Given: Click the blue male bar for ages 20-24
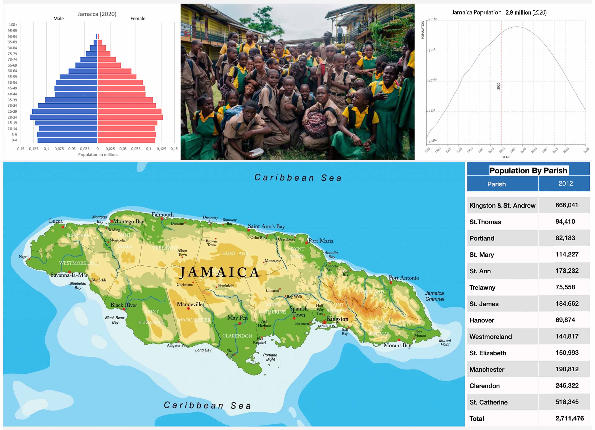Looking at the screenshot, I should [63, 117].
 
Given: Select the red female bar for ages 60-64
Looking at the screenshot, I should [114, 71].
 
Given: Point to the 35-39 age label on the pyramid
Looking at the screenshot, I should [12, 100].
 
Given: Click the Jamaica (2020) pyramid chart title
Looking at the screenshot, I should [97, 14].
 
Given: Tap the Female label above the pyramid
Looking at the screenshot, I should [138, 19].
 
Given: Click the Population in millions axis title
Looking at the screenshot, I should [98, 155].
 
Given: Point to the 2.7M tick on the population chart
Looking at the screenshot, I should [432, 50].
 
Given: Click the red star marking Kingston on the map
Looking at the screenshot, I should [324, 322].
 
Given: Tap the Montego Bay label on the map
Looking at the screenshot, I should [128, 222].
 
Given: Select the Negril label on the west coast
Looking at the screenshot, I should [24, 257].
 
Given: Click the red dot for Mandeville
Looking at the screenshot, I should [188, 309].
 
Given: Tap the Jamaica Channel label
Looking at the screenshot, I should [435, 296].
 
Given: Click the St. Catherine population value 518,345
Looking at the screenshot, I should [567, 402].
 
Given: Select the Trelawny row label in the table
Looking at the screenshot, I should [482, 288].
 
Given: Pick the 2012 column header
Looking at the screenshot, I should [565, 184].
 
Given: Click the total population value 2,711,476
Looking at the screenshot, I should [569, 418].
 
